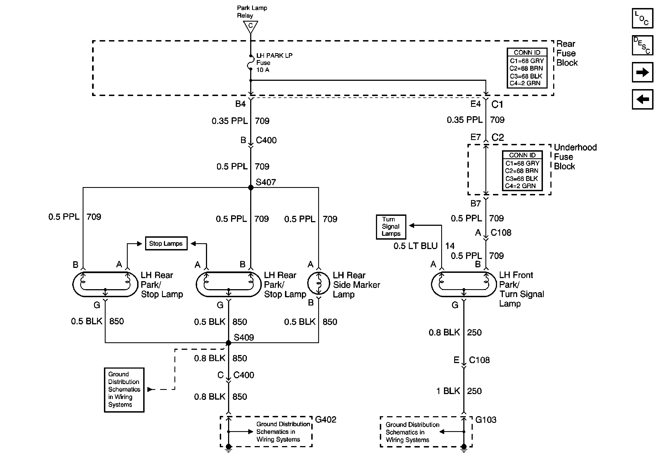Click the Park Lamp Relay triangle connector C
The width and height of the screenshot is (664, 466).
tap(250, 27)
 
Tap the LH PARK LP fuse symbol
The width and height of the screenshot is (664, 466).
tap(250, 62)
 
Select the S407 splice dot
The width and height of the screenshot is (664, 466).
tap(251, 188)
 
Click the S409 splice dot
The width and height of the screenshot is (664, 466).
tap(228, 343)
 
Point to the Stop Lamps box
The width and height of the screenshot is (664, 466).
tap(166, 244)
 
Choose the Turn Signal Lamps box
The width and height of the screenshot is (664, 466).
tap(391, 227)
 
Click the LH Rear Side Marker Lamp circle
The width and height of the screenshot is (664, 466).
tap(318, 283)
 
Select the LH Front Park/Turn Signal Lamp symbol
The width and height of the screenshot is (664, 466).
tap(464, 284)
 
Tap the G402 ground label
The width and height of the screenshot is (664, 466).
tap(326, 420)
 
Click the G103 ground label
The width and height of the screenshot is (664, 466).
tap(486, 420)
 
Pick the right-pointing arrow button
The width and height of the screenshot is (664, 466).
tap(643, 72)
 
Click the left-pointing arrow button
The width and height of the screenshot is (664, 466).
tap(643, 99)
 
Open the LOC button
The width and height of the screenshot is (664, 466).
tap(643, 18)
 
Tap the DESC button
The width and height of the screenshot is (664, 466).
tap(643, 45)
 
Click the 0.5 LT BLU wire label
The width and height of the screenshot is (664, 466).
tap(415, 246)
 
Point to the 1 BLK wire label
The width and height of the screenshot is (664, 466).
tap(448, 391)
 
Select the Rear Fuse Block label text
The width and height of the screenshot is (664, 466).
tap(567, 53)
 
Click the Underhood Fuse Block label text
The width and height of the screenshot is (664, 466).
tap(575, 157)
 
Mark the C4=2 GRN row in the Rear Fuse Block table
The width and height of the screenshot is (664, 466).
tap(525, 83)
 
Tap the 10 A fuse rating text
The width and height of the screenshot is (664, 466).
tap(263, 70)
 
